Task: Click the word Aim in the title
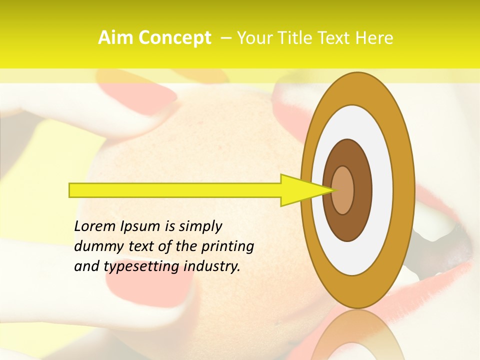coord(115,38)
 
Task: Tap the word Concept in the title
coord(174,38)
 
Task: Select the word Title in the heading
coord(297,38)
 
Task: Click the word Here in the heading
coord(374,38)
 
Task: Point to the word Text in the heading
coord(336,38)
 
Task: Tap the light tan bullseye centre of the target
coord(343,190)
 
